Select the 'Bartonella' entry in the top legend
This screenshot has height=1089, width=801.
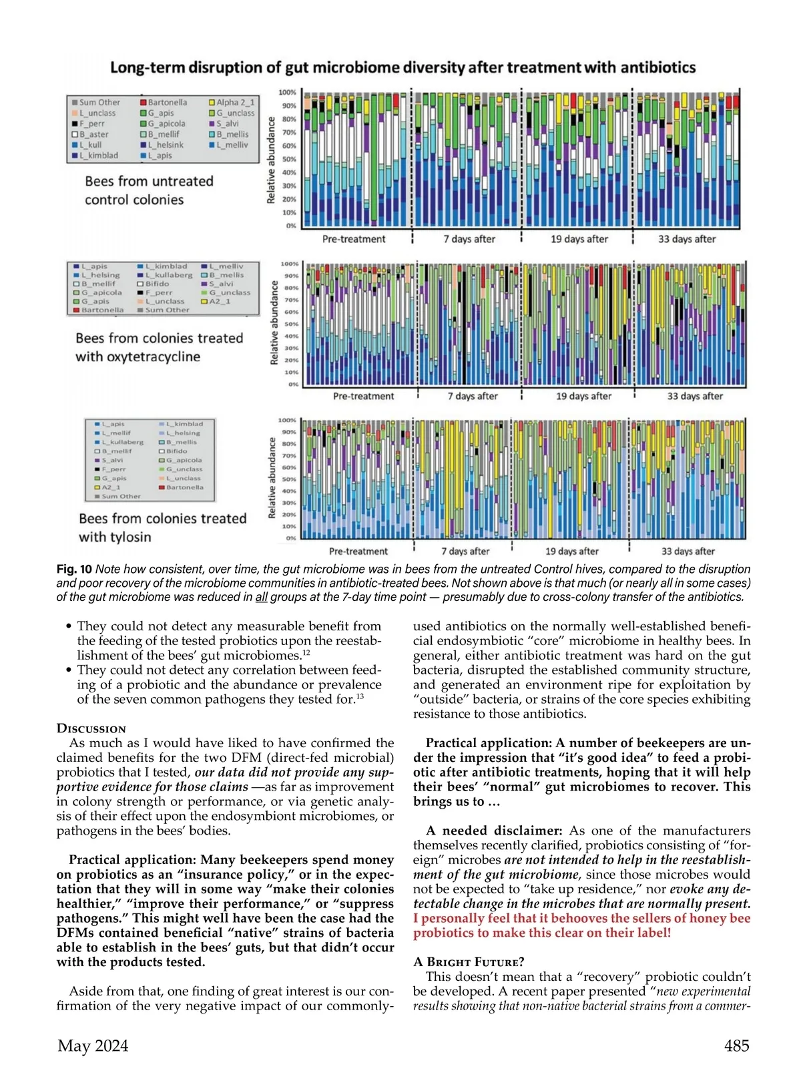pyautogui.click(x=167, y=102)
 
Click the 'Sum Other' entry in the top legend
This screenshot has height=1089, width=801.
pyautogui.click(x=99, y=102)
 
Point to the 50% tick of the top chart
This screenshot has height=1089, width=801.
pyautogui.click(x=288, y=159)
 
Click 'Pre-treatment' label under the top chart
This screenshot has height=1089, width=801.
pyautogui.click(x=354, y=239)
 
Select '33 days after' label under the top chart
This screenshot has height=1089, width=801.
pyautogui.click(x=687, y=239)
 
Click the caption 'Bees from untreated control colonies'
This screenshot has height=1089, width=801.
pyautogui.click(x=148, y=190)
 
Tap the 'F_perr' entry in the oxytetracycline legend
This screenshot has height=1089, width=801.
pyautogui.click(x=159, y=292)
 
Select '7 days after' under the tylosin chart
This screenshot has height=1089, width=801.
pyautogui.click(x=465, y=552)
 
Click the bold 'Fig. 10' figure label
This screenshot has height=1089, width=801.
pyautogui.click(x=74, y=570)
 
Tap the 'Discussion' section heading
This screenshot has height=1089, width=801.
pyautogui.click(x=91, y=728)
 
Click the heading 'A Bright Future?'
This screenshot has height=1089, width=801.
pyautogui.click(x=469, y=962)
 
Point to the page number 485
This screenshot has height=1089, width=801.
pyautogui.click(x=736, y=1046)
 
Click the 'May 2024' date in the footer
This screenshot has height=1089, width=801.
pyautogui.click(x=93, y=1046)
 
